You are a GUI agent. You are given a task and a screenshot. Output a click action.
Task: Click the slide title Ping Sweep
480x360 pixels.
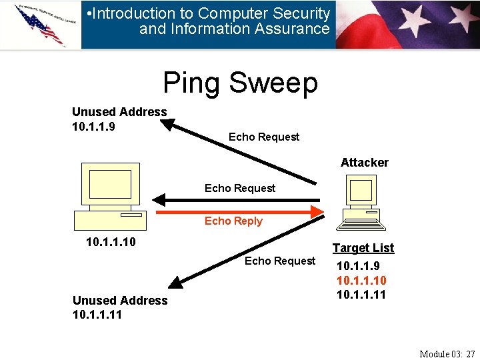pyautogui.click(x=240, y=83)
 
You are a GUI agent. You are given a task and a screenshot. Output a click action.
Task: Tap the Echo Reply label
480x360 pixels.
pyautogui.click(x=233, y=221)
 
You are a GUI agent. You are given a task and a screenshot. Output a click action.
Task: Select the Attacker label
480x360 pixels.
pyautogui.click(x=364, y=163)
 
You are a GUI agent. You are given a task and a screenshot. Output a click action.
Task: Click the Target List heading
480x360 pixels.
pyautogui.click(x=363, y=248)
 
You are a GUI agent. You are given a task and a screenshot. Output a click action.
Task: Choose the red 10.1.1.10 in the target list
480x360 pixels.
pyautogui.click(x=361, y=281)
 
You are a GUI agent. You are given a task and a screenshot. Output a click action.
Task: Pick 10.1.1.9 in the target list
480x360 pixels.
pyautogui.click(x=358, y=266)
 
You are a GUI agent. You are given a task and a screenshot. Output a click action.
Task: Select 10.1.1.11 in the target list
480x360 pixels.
pyautogui.click(x=361, y=295)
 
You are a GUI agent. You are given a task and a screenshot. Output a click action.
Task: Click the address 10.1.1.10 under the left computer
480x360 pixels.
pyautogui.click(x=111, y=242)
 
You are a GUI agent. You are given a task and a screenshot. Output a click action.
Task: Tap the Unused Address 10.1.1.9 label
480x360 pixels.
pyautogui.click(x=119, y=119)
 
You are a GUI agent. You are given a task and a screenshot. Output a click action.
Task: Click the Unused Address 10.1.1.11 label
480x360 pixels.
pyautogui.click(x=120, y=307)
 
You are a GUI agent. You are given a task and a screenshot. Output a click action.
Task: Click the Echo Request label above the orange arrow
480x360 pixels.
pyautogui.click(x=240, y=189)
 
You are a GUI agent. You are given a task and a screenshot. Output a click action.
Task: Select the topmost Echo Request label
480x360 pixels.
pyautogui.click(x=264, y=137)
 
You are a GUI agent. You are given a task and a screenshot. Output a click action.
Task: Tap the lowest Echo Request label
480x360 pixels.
pyautogui.click(x=280, y=261)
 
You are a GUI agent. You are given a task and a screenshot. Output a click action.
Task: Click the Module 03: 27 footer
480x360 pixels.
pyautogui.click(x=447, y=353)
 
